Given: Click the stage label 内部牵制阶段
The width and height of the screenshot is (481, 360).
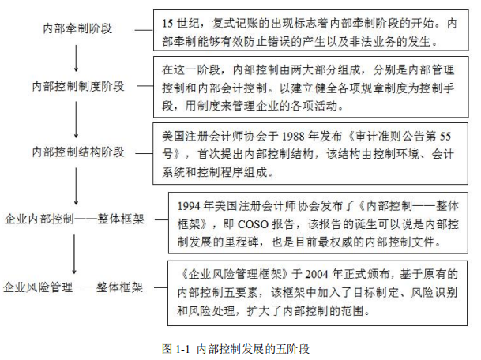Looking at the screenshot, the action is [x=77, y=28].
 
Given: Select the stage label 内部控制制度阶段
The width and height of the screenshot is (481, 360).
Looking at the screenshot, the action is [x=78, y=86].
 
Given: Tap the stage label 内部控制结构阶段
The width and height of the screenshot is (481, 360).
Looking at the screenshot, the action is [x=78, y=152].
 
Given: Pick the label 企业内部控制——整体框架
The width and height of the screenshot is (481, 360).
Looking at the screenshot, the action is [x=74, y=219].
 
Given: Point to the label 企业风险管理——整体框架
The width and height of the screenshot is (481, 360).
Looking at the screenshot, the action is [x=73, y=287].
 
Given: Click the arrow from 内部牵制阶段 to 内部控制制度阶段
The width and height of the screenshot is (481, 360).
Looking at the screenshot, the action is [x=76, y=58].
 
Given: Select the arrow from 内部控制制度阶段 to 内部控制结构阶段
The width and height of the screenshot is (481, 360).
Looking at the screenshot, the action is [x=76, y=120].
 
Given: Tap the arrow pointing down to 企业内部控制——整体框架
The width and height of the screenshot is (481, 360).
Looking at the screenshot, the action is [x=76, y=186].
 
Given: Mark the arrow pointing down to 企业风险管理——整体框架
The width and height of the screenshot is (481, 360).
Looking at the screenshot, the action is [x=74, y=254].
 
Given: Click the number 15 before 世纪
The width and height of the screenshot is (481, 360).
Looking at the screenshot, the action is [x=167, y=24].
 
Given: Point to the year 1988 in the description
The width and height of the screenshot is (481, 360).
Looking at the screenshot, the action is [x=293, y=136].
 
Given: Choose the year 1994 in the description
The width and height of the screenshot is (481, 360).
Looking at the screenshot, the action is [x=190, y=206].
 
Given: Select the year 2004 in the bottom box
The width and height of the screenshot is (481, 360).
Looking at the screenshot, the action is [x=318, y=274].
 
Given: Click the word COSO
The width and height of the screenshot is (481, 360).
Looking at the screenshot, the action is [x=253, y=224].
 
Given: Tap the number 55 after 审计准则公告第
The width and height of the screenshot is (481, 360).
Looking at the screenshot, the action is [x=445, y=136].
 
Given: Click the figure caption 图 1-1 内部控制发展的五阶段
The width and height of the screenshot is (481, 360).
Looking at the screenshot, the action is [x=235, y=349].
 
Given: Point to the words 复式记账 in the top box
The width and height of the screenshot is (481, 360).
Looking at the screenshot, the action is [x=235, y=24].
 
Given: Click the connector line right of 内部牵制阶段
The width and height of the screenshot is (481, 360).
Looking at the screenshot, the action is [x=144, y=30].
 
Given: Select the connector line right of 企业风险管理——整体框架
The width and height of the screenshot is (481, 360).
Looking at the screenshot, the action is [x=160, y=287].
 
